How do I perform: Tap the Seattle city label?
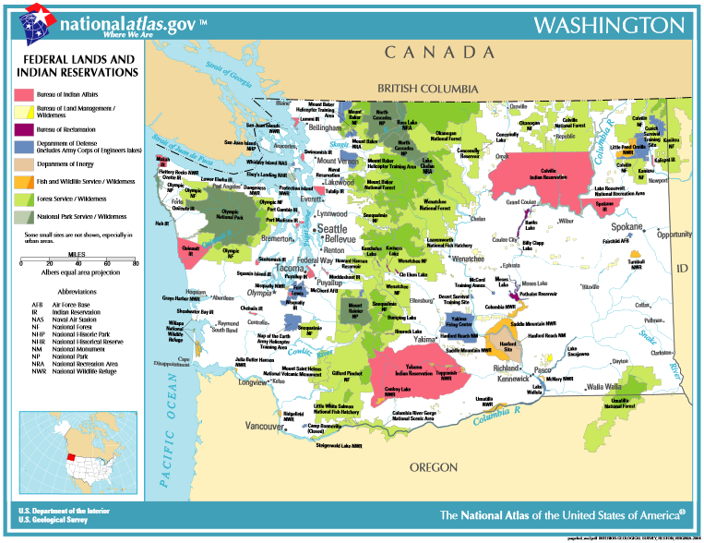coord(332,228)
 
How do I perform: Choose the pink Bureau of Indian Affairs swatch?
coord(24,95)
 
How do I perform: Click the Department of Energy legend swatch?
coord(24,164)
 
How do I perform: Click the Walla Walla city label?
coord(604,386)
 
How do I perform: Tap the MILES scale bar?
coord(78,263)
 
